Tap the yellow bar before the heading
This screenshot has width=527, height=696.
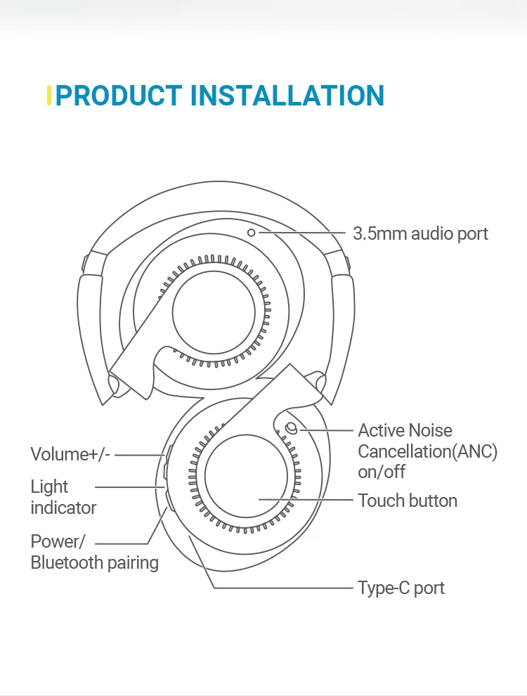pyautogui.click(x=48, y=96)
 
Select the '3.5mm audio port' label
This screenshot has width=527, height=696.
pyautogui.click(x=420, y=233)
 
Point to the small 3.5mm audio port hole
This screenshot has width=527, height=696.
pyautogui.click(x=252, y=231)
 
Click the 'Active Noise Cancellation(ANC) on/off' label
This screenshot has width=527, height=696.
pyautogui.click(x=427, y=451)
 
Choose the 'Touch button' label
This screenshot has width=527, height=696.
pyautogui.click(x=408, y=501)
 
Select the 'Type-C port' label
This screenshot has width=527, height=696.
pyautogui.click(x=401, y=588)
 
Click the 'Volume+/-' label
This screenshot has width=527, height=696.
pyautogui.click(x=70, y=454)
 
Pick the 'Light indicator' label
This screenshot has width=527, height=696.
pyautogui.click(x=63, y=496)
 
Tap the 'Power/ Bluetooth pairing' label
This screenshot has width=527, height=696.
pyautogui.click(x=94, y=552)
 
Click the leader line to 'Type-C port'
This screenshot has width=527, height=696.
pyautogui.click(x=281, y=588)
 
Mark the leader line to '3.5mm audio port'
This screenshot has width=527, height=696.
pyautogui.click(x=302, y=232)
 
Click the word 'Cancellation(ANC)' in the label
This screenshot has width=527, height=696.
pyautogui.click(x=427, y=451)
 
